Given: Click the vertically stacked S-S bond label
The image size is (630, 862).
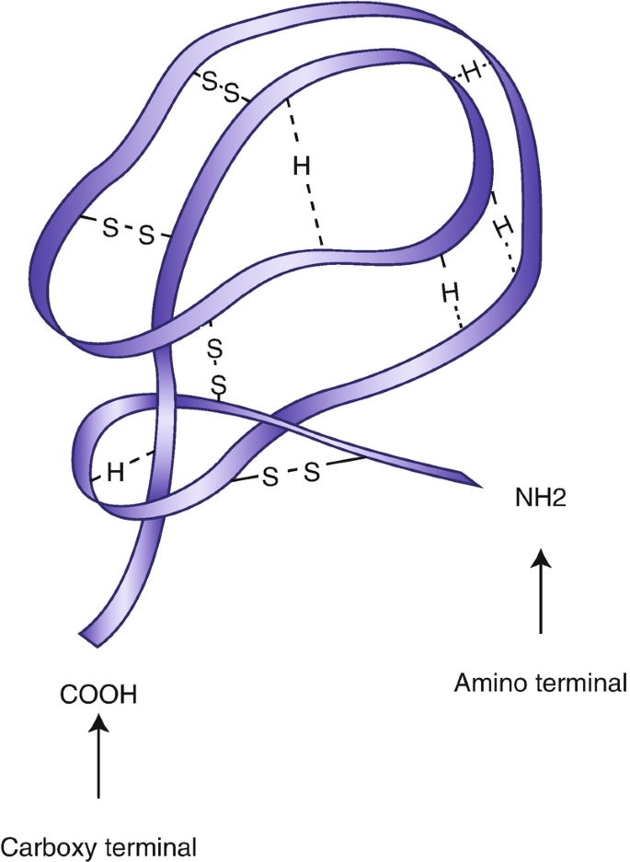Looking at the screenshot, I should [216, 365].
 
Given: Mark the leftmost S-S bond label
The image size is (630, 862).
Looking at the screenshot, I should [127, 230].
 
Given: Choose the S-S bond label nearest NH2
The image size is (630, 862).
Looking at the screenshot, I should [290, 475].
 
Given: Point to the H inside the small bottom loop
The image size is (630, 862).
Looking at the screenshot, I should [115, 473].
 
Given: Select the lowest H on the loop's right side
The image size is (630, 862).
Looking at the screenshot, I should [449, 293].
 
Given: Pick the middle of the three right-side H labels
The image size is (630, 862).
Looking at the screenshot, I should [501, 225].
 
